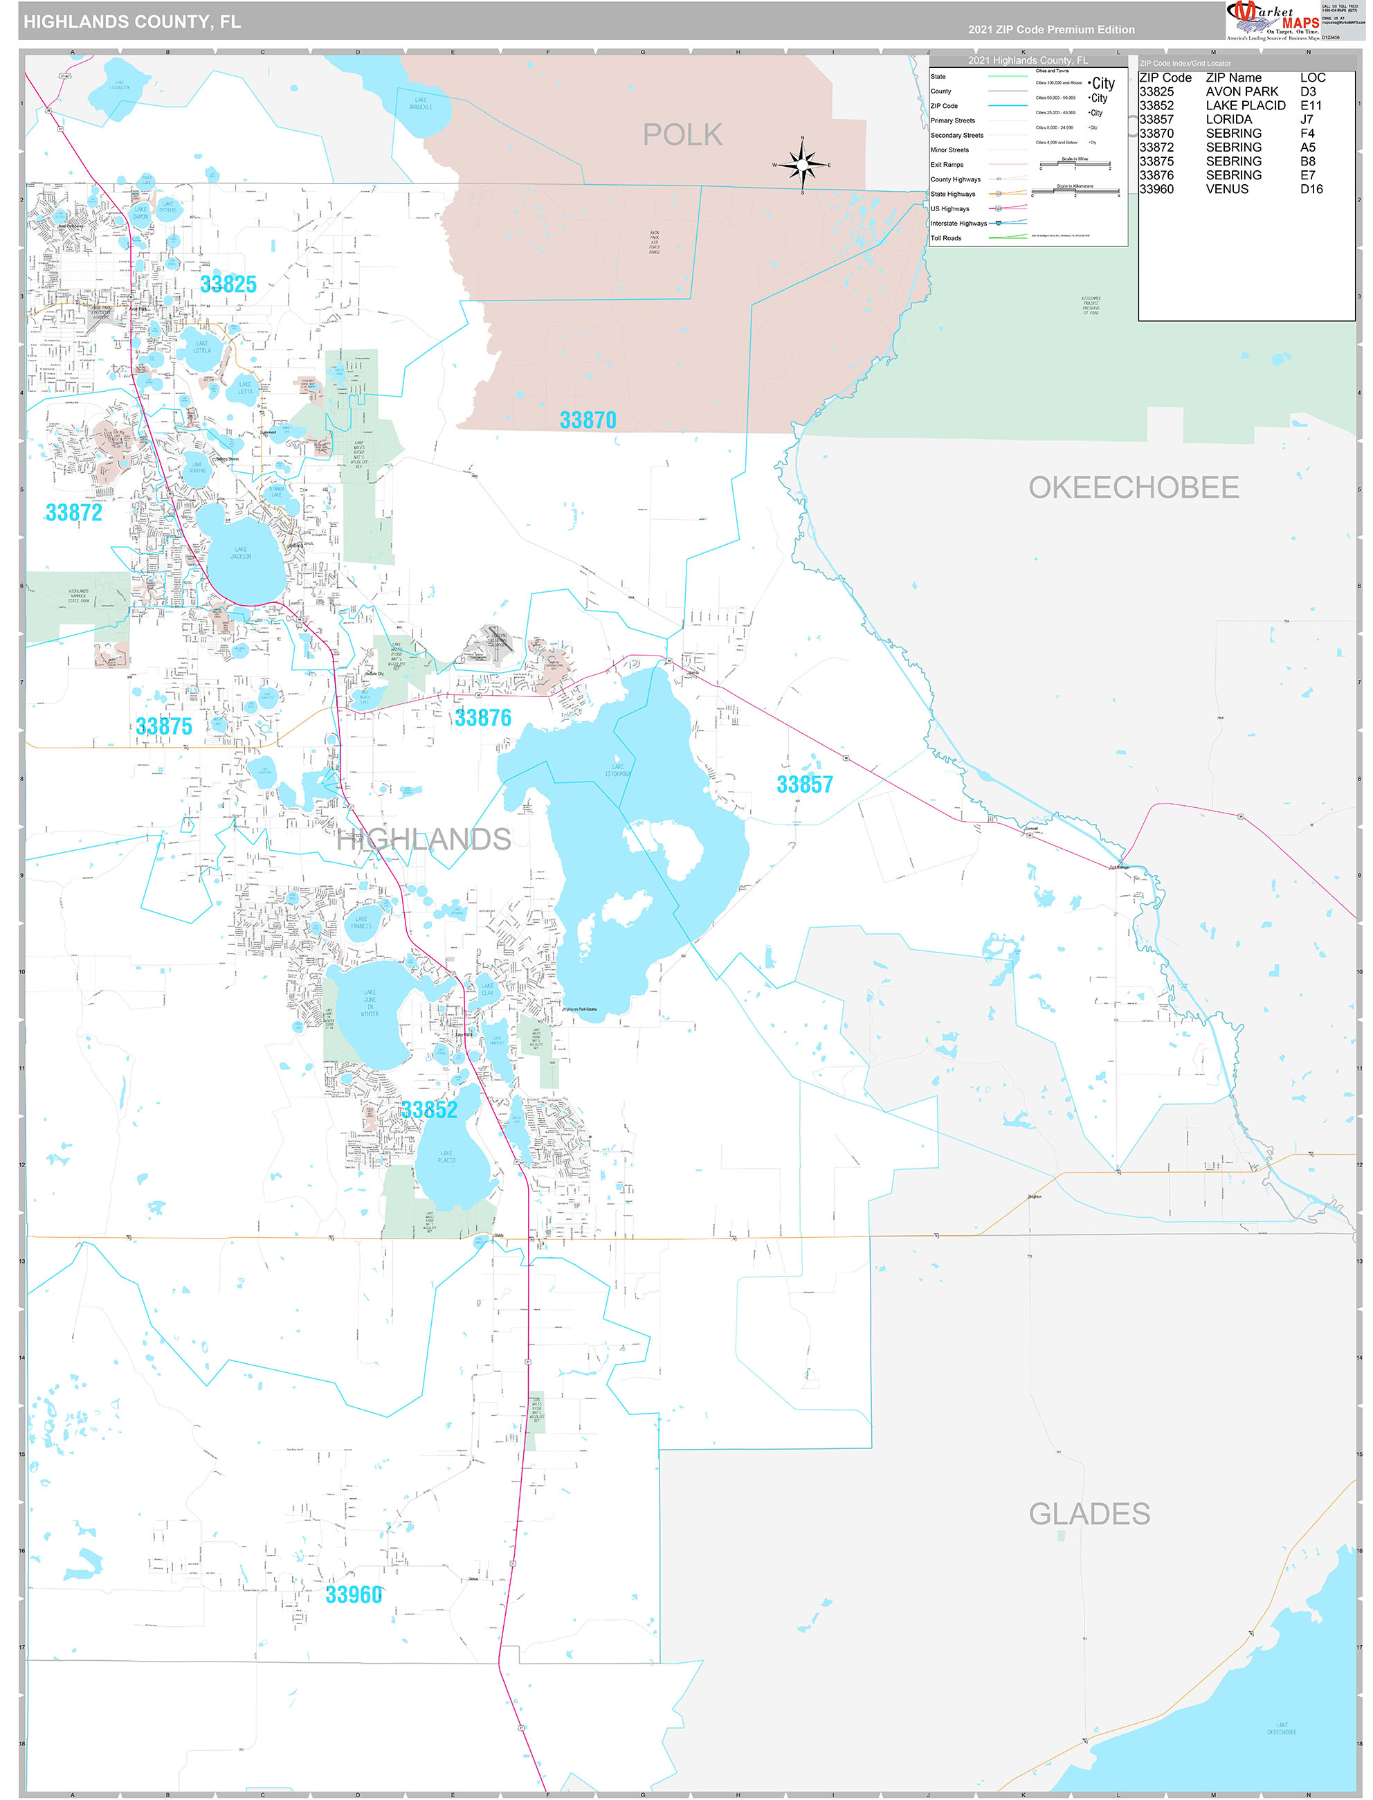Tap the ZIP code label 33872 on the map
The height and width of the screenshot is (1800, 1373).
pos(73,512)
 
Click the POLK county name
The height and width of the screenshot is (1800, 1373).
pos(682,135)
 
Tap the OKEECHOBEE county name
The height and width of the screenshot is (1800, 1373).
pos(1134,487)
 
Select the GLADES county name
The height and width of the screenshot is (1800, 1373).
pos(1089,1514)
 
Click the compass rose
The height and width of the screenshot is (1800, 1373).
pos(802,164)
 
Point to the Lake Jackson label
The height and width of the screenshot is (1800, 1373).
pos(240,553)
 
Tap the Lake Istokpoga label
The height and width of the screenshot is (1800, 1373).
pos(618,770)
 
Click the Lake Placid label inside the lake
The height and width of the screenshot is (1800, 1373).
pos(446,1157)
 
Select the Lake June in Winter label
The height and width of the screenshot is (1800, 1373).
pos(370,1003)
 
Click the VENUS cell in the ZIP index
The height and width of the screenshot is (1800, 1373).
pos(1227,189)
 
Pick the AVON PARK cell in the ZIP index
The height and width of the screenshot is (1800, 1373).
pos(1242,91)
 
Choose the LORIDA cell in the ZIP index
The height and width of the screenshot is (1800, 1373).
pos(1228,119)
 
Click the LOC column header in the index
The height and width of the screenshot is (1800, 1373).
pos(1313,78)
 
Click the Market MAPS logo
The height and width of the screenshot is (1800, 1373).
pos(1273,21)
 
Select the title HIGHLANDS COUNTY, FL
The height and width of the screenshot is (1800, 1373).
pos(132,22)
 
